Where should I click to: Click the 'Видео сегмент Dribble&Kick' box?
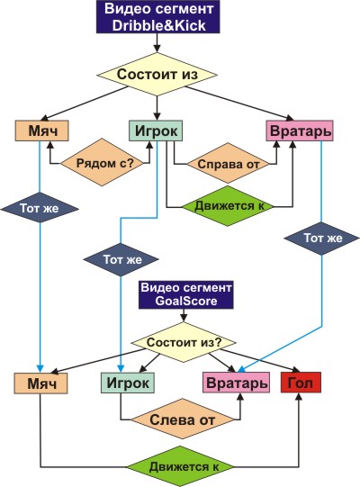158,16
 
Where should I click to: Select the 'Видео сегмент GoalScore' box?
185,294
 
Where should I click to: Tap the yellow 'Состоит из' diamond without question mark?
157,75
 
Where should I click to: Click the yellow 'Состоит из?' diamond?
184,342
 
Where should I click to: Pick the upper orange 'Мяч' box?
42,131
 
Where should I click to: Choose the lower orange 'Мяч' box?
40,383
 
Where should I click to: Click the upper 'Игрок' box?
156,131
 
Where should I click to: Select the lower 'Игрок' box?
128,383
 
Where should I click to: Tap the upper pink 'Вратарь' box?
300,131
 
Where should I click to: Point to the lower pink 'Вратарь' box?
236,383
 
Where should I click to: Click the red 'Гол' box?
301,383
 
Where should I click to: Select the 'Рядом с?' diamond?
103,162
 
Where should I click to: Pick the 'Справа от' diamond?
229,163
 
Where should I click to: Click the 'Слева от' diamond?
182,419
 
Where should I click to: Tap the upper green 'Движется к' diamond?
228,206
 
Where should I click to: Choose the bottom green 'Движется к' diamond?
181,466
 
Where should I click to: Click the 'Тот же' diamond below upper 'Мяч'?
40,207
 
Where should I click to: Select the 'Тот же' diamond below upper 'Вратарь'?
321,239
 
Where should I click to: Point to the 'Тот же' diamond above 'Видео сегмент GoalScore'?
121,259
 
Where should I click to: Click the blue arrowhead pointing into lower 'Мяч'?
40,369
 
